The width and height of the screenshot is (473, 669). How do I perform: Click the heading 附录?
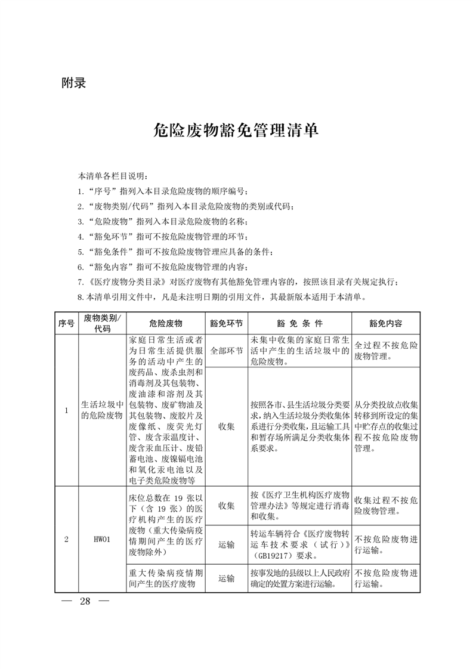(74, 83)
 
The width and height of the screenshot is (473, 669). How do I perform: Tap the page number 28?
(85, 600)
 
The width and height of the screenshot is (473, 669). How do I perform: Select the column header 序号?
(66, 323)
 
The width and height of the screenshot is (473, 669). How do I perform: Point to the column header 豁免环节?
(226, 323)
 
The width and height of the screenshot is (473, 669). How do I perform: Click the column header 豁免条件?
(299, 323)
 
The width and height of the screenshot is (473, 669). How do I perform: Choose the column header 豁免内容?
(385, 323)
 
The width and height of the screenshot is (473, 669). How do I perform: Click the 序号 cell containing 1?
(66, 410)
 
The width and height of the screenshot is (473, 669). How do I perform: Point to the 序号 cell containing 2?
(66, 540)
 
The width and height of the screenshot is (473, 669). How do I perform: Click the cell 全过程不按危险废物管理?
(385, 351)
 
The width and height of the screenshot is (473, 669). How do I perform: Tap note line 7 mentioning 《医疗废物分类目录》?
(237, 282)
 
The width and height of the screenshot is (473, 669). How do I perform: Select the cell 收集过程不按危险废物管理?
(385, 506)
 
